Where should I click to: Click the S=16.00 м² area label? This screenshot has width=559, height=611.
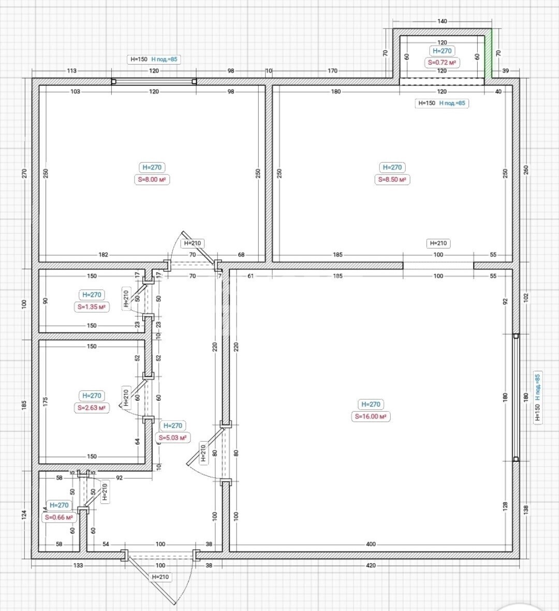[x=371, y=416]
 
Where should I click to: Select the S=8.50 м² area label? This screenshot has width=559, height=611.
[x=392, y=180]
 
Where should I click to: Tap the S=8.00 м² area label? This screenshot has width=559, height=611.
[x=152, y=180]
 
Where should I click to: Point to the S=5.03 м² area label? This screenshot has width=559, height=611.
[x=172, y=438]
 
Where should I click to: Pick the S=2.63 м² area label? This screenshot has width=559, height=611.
[x=92, y=408]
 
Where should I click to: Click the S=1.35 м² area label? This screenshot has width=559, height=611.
[x=92, y=307]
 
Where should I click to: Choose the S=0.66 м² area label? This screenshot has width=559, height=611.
[x=59, y=517]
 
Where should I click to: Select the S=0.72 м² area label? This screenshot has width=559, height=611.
[x=442, y=63]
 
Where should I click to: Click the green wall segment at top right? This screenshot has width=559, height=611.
[x=488, y=53]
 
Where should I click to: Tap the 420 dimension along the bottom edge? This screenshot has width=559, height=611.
[x=371, y=565]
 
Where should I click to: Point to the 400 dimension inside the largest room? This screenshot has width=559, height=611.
[x=371, y=544]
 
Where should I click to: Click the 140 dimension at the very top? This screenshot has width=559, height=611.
[x=442, y=21]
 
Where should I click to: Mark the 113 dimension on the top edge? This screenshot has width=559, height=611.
[x=71, y=71]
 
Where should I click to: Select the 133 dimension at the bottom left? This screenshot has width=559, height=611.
[x=78, y=565]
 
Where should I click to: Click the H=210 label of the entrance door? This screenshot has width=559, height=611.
[x=160, y=577]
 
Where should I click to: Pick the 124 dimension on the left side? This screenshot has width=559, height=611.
[x=24, y=515]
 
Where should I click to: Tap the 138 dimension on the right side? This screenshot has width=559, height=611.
[x=526, y=509]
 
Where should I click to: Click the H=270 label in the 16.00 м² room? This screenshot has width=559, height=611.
[x=371, y=404]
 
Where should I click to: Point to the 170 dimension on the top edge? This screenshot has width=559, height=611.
[x=332, y=71]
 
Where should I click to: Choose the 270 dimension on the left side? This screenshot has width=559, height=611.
[x=24, y=173]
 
